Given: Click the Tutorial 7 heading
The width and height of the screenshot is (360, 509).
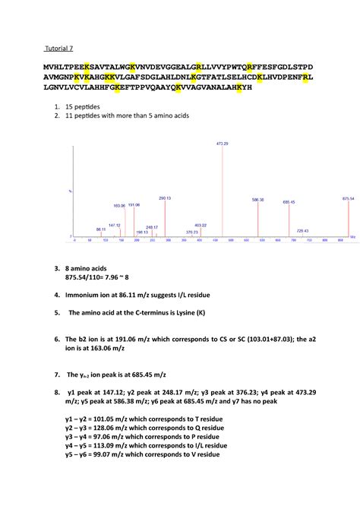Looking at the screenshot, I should [58, 49].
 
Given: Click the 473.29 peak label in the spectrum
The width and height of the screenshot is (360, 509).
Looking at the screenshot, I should [223, 143].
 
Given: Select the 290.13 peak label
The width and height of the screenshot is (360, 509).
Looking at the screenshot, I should [165, 198].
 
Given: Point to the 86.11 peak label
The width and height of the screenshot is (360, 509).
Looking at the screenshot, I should [101, 229].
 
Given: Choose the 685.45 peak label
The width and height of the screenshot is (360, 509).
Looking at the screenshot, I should [289, 202].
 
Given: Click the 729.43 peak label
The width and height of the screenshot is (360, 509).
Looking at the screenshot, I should [302, 230].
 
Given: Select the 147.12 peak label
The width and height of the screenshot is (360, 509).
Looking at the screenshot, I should [115, 225].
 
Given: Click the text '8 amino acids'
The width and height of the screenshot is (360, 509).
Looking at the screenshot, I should [89, 269].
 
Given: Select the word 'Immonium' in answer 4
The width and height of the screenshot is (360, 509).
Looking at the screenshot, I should [86, 291].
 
